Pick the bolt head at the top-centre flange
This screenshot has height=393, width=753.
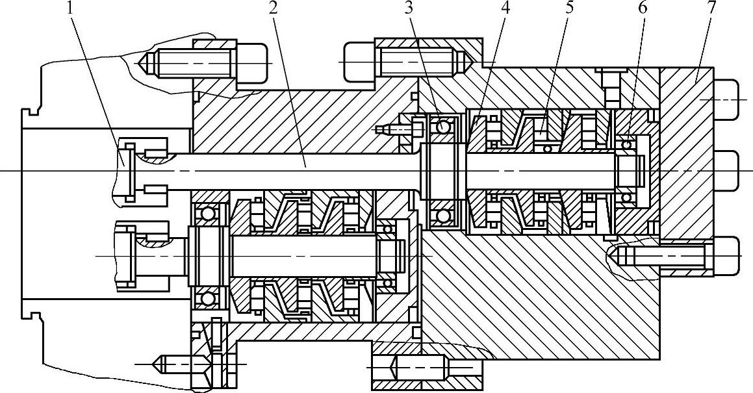359,62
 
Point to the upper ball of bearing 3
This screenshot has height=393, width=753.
443,126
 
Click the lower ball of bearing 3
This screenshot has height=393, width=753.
443,215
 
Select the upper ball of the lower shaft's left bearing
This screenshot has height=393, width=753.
208,213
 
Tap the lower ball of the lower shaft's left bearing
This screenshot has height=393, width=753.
208,299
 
